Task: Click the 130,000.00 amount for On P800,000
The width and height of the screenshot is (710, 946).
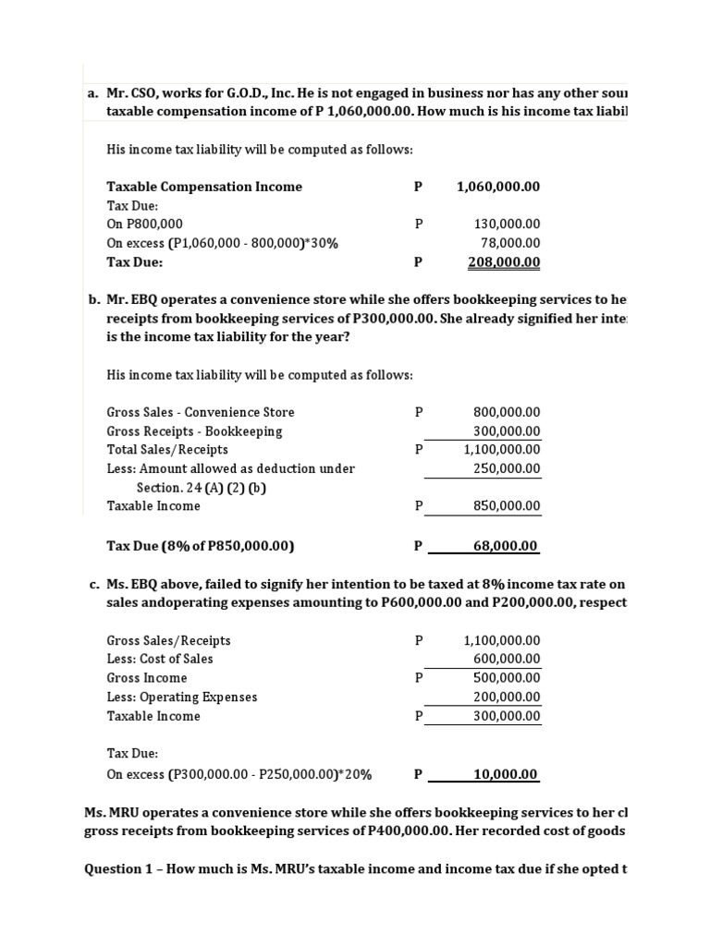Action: (x=507, y=224)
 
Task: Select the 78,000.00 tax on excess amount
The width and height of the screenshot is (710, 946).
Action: (x=510, y=243)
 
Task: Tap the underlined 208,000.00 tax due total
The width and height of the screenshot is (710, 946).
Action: (x=504, y=262)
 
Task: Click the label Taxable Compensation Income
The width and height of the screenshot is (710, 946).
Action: (x=204, y=187)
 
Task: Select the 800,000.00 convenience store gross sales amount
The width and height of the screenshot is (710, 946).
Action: (x=507, y=412)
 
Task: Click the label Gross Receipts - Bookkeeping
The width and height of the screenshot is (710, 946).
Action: (x=194, y=431)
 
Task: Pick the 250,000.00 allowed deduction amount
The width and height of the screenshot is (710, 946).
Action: (x=507, y=468)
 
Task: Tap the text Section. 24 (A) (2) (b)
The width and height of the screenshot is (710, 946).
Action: (x=202, y=488)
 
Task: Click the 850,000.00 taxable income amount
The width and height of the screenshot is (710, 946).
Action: (x=507, y=506)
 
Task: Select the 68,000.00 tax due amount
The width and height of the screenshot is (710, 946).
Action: (x=505, y=546)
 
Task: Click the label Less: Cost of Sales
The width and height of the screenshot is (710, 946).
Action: (x=160, y=659)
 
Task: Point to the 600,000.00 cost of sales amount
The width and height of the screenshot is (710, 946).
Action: (x=507, y=659)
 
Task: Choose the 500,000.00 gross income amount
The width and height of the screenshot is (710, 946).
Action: (x=507, y=678)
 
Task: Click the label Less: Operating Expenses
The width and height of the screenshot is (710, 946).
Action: (x=182, y=697)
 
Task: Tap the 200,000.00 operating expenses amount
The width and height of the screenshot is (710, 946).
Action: (x=507, y=697)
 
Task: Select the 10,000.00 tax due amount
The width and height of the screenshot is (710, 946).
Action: (x=505, y=775)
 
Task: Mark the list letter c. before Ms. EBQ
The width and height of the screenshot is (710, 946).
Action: (x=93, y=584)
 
